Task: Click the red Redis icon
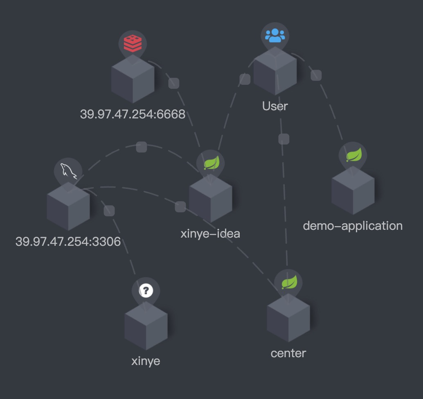coord(133,43)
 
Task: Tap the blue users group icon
coord(275,35)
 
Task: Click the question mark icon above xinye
coord(146,290)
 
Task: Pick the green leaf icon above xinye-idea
coord(211,163)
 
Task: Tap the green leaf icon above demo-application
coord(353,155)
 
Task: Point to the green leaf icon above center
coord(288,282)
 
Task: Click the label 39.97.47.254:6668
coord(133,114)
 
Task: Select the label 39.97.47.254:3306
coord(68,241)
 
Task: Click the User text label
coord(275,106)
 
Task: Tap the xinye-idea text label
coord(210,234)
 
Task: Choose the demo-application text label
coord(353,226)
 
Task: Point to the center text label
coord(288,353)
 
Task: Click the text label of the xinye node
coord(146,361)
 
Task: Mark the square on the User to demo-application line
coord(316,75)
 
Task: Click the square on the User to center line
coord(283,139)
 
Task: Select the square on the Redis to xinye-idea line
coord(174,83)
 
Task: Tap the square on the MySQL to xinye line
coord(109,211)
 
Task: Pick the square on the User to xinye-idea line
coord(245,79)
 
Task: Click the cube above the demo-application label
coord(353,190)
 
